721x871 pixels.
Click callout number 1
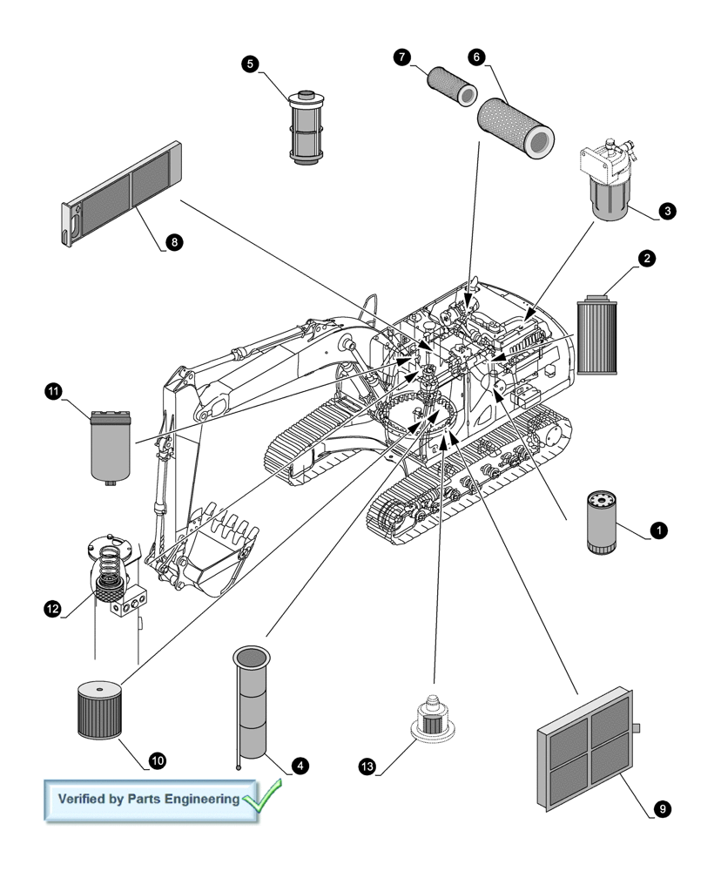[x=659, y=530]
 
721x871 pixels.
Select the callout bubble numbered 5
[x=251, y=64]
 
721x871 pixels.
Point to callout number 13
[x=367, y=766]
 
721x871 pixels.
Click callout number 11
[x=53, y=392]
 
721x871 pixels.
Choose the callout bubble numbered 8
[x=174, y=243]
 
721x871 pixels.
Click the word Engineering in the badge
[x=197, y=799]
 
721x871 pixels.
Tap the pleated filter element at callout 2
[x=597, y=335]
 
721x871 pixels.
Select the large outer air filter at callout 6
[x=516, y=126]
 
